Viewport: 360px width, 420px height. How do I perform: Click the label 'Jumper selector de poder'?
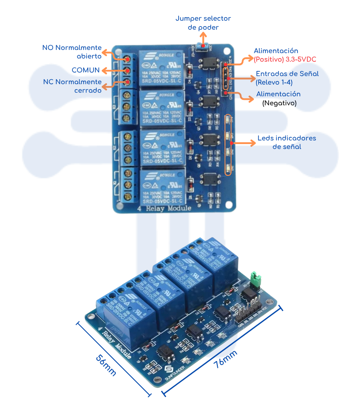pos(203,23)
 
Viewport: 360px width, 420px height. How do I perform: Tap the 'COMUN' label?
pos(85,70)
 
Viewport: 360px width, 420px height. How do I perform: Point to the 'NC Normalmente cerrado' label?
pos(72,86)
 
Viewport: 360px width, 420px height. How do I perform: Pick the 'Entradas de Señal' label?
pos(287,74)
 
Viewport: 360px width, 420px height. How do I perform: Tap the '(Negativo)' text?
pos(279,103)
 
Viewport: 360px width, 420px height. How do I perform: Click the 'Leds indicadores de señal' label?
pos(287,142)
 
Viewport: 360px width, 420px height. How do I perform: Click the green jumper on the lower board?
pos(256,279)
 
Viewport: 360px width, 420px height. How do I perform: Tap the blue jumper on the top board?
pos(203,45)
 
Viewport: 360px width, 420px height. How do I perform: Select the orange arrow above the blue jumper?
pos(203,38)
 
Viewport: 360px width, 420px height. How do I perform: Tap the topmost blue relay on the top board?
pos(162,68)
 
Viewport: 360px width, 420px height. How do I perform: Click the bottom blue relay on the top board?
pos(162,186)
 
